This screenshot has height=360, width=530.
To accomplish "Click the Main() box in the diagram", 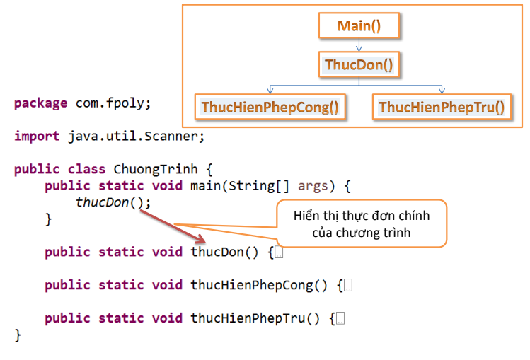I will (359, 26).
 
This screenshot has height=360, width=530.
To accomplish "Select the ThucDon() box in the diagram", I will (359, 65).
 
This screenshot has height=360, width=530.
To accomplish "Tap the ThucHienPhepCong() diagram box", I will (270, 107).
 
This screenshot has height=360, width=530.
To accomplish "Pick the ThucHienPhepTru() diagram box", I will (442, 107).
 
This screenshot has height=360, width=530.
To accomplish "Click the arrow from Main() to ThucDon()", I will (359, 45).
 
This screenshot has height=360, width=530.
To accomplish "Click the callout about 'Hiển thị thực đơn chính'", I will (361, 224).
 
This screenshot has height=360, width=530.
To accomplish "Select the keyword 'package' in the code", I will (40, 103).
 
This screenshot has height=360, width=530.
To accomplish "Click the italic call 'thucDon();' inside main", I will (113, 202).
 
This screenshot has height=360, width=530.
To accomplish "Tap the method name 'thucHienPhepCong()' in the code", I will (259, 285).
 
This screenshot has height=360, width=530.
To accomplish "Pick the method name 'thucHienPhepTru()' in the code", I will (255, 318).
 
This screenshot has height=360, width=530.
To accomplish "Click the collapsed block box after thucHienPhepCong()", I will (348, 285).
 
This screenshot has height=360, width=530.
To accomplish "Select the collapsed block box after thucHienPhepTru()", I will (340, 318).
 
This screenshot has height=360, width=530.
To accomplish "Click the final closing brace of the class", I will (18, 335).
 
